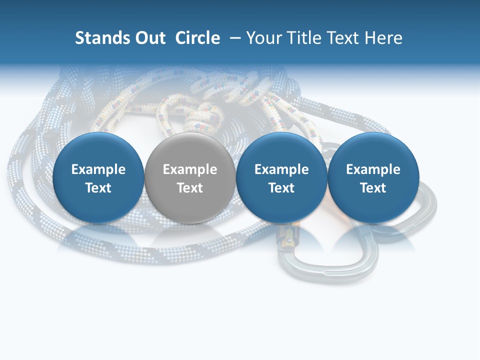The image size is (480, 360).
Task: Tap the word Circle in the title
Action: (197, 38)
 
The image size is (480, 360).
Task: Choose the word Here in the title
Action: (383, 38)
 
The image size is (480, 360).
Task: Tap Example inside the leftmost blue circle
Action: (98, 169)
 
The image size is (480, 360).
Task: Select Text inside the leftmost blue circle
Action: (98, 188)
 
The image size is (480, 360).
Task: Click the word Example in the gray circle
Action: (190, 169)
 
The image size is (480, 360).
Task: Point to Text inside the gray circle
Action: (190, 188)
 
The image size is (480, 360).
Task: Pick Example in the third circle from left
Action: (281, 169)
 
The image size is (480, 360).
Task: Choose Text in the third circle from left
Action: (281, 188)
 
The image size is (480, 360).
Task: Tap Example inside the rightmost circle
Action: (373, 169)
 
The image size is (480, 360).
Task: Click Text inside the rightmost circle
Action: (373, 188)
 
